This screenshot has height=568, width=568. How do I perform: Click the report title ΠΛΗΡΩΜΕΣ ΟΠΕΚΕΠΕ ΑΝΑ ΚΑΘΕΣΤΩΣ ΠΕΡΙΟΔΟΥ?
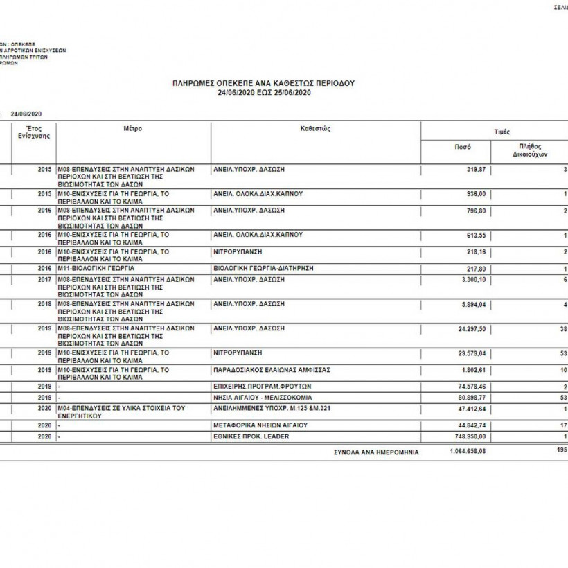coord(263,82)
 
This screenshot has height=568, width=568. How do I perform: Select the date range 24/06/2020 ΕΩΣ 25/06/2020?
coord(263,92)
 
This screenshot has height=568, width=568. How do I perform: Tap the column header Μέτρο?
coord(133,129)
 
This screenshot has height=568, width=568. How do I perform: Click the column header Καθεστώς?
coord(315,129)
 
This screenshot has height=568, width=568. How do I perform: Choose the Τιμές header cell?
coord(503,131)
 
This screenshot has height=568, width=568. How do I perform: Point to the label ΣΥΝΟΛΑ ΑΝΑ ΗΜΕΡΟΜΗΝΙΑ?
coord(376,452)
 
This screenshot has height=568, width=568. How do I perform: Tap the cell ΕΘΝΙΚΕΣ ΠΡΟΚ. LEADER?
coord(251,436)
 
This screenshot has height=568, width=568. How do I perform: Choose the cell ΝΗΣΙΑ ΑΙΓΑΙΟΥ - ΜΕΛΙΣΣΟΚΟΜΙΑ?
coord(263,398)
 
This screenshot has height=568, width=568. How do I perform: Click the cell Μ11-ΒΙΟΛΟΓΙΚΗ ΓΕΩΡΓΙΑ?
coord(96,267)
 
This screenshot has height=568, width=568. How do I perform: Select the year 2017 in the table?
coord(45,280)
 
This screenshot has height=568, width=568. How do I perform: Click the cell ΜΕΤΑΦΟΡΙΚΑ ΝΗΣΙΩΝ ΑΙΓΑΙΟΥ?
coord(260,425)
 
